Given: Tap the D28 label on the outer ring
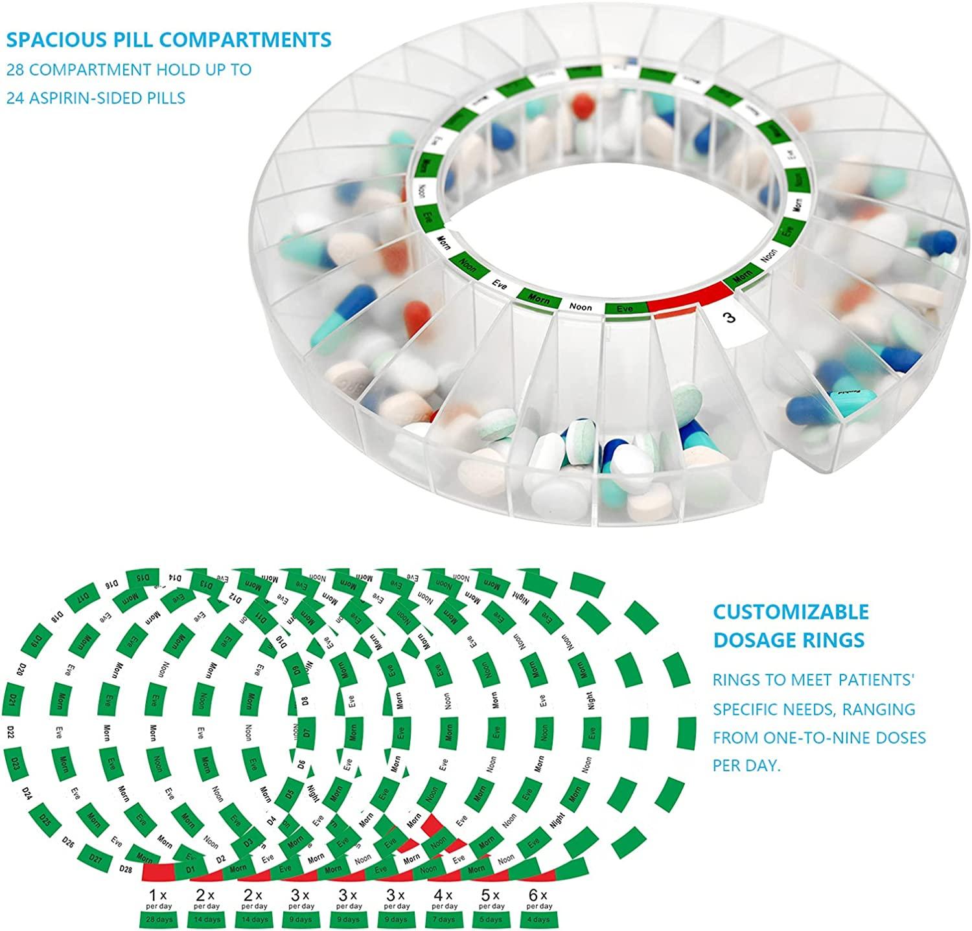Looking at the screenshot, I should [x=126, y=869].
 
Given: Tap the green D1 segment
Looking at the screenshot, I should [x=191, y=868].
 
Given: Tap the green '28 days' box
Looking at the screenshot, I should [x=159, y=919].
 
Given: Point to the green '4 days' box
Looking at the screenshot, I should [x=538, y=919].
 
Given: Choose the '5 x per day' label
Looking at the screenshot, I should [x=491, y=900].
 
